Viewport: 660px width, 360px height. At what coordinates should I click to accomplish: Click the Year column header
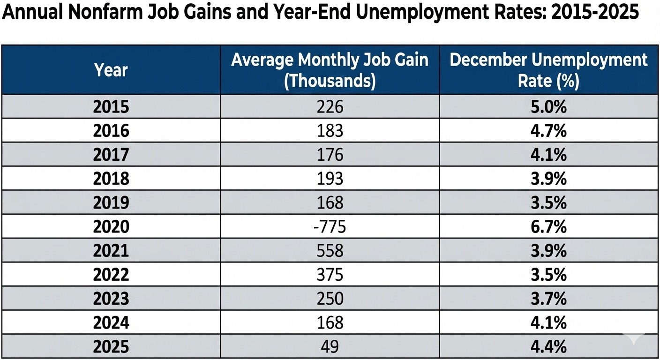point(111,70)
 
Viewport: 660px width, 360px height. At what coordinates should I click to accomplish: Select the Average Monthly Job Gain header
point(330,70)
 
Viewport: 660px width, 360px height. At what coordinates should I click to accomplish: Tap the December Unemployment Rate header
point(548,70)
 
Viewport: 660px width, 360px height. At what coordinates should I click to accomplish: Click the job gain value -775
point(330,226)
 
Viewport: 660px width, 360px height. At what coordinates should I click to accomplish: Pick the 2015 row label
point(111,107)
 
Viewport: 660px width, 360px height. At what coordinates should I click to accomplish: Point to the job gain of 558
point(330,251)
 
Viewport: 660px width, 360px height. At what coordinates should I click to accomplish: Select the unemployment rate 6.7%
point(548,226)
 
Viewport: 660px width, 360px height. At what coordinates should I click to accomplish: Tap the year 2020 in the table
point(111,226)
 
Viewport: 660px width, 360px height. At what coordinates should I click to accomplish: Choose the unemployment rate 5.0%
point(548,107)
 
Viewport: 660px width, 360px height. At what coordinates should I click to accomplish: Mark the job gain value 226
point(330,107)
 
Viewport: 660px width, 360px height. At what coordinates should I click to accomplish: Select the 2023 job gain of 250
point(330,299)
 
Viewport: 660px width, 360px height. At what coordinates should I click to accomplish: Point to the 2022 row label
point(111,275)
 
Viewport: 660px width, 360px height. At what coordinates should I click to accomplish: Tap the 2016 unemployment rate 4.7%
point(548,130)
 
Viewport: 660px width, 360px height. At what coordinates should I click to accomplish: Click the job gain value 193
point(330,179)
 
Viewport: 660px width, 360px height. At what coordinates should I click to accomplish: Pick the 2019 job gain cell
point(330,202)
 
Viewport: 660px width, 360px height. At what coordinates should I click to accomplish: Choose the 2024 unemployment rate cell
point(548,322)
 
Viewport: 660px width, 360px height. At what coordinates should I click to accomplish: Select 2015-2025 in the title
point(594,12)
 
